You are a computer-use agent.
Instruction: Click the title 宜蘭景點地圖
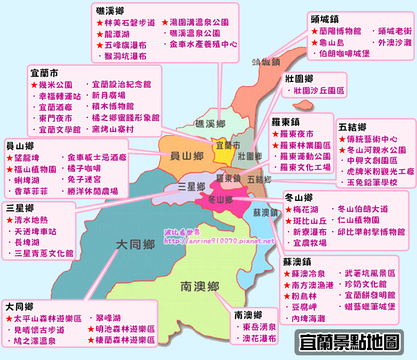pyautogui.click(x=350, y=342)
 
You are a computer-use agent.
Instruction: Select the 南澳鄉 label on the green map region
pyautogui.click(x=200, y=286)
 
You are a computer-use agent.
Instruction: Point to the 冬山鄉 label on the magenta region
pyautogui.click(x=219, y=200)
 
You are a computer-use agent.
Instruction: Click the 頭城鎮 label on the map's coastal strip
pyautogui.click(x=266, y=62)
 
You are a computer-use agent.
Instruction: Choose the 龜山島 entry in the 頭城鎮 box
pyautogui.click(x=332, y=42)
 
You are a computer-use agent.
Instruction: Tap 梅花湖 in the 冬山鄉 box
pyautogui.click(x=306, y=209)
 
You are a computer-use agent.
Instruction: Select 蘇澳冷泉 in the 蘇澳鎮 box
pyautogui.click(x=308, y=273)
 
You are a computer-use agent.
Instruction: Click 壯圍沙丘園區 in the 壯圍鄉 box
pyautogui.click(x=319, y=91)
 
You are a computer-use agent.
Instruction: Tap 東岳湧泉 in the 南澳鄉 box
pyautogui.click(x=259, y=327)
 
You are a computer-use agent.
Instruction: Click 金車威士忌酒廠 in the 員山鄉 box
pyautogui.click(x=97, y=157)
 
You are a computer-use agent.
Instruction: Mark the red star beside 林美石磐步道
pyautogui.click(x=100, y=23)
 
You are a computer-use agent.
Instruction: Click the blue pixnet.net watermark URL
pyautogui.click(x=219, y=241)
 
